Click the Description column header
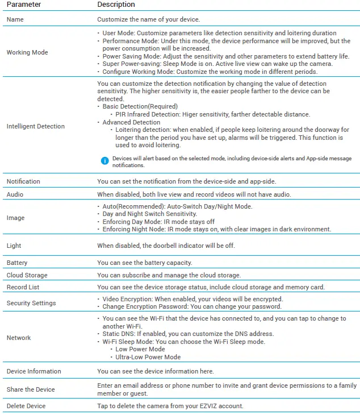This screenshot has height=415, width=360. coord(116,5)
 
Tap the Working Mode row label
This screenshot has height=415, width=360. coord(27,52)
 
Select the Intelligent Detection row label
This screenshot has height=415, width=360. coord(36,126)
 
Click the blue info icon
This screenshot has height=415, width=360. coord(104,161)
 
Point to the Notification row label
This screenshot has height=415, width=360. coord(23,181)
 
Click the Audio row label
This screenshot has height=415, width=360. coord(15,194)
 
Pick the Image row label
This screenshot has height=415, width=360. coord(15,218)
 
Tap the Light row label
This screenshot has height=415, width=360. coord(14,246)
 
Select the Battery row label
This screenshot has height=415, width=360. coord(17,263)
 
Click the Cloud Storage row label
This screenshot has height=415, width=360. coord(26,275)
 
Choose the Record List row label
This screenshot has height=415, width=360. coord(23,287)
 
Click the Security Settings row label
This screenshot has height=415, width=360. coord(31,303)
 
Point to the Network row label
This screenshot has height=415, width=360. coord(19,338)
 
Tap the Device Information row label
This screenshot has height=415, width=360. coord(34,371)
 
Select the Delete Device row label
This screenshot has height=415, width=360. coord(26,406)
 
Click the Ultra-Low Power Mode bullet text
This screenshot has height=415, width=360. coord(148,357)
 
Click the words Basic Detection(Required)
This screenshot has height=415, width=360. coord(140,106)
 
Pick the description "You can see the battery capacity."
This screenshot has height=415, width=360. coord(145,263)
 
